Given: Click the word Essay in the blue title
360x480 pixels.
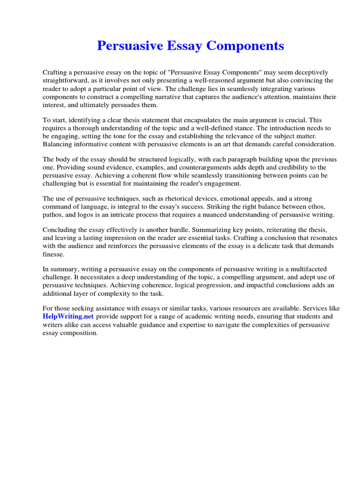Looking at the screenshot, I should pyautogui.click(x=184, y=46).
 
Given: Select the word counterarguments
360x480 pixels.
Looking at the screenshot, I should pyautogui.click(x=207, y=167).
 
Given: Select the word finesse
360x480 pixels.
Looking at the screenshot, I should pyautogui.click(x=53, y=255).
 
